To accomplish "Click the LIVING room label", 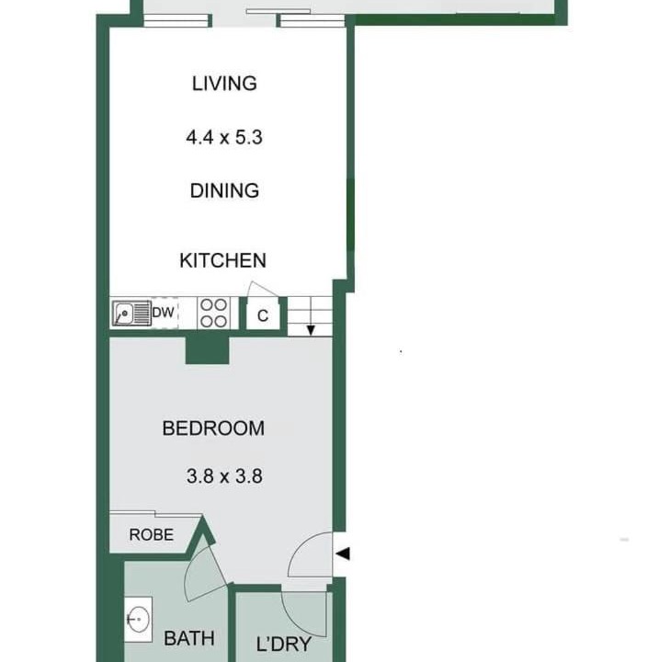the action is point(224,84).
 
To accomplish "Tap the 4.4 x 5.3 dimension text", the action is point(224,138).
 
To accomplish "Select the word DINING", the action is point(224,191).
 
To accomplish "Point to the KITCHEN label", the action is point(223,260).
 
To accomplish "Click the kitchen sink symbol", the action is point(131,314).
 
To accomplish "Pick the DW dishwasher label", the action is point(163,313).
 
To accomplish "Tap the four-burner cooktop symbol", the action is point(213,313).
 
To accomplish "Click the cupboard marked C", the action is point(263,315).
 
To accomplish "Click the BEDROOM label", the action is point(213,428).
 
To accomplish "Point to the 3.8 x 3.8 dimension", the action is point(224,476).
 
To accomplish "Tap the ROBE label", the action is point(151,535).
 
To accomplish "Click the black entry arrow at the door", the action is point(343,554).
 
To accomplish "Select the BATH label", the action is point(188,638).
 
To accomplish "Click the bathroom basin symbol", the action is point(138,620).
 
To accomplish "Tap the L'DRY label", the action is point(284,645).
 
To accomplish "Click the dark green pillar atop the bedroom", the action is point(208,350).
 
